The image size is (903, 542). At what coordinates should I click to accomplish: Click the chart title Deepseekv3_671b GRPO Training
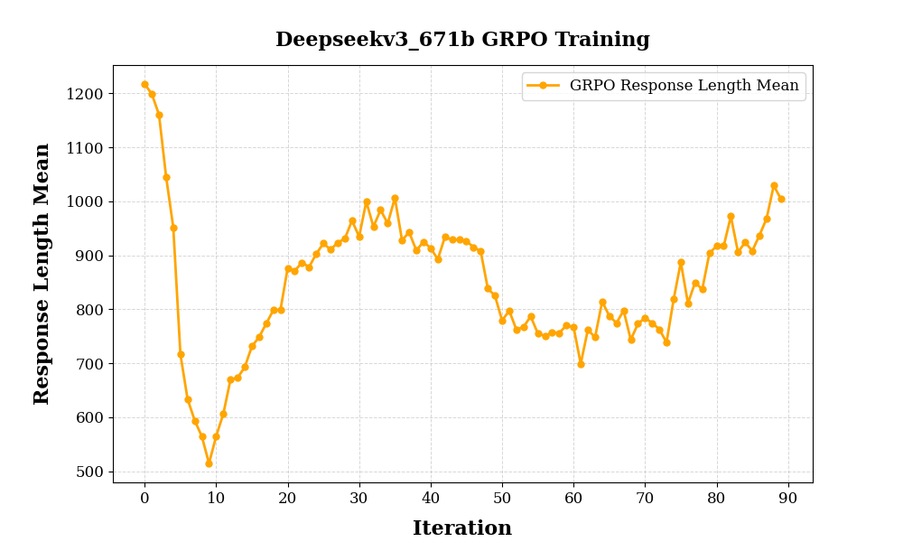(x=462, y=40)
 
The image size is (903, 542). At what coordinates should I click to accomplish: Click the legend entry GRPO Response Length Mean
(x=684, y=86)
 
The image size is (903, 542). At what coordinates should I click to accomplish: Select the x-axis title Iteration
(x=462, y=528)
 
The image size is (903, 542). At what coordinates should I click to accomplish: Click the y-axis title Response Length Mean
(x=42, y=274)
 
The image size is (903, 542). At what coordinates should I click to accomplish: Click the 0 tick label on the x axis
(x=144, y=498)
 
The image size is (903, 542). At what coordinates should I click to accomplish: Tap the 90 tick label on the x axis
(x=788, y=498)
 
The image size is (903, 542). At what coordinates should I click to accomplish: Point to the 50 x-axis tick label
(x=502, y=498)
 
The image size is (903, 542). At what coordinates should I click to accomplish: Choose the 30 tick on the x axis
(x=359, y=498)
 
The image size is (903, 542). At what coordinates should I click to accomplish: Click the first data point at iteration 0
(x=144, y=84)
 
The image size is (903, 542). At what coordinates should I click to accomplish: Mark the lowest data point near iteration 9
(x=209, y=463)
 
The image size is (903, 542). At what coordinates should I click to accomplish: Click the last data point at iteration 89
(x=781, y=199)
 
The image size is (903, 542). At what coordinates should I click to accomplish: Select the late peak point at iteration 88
(x=774, y=185)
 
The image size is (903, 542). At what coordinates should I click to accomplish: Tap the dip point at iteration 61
(x=581, y=364)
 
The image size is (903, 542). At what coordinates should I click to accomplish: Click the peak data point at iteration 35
(x=395, y=198)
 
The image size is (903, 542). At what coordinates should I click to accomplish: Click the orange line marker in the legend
(x=543, y=86)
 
